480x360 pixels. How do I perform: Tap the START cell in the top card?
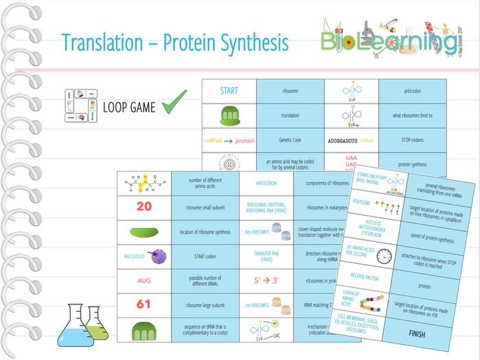[x=229, y=90]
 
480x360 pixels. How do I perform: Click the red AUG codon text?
[x=144, y=280]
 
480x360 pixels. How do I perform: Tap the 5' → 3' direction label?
[x=266, y=280]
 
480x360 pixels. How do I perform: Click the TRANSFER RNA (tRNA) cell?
[x=266, y=255]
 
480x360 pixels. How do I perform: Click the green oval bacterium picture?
[x=144, y=231]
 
